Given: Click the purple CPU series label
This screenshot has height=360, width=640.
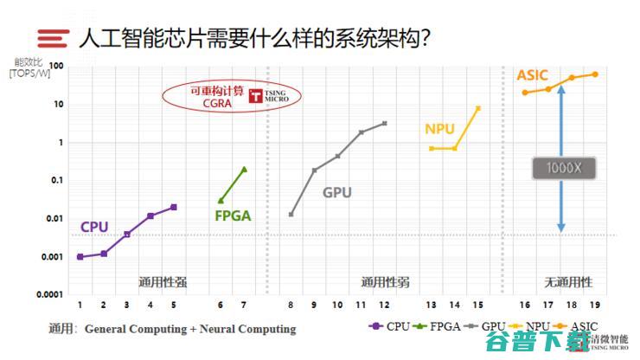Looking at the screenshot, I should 94,227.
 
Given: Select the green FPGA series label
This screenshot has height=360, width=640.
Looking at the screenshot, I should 233,215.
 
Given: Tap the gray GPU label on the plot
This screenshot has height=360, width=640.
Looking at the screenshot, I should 337,192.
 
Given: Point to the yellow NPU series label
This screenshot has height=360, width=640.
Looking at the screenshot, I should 439,129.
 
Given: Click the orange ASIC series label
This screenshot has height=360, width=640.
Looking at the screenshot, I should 532,75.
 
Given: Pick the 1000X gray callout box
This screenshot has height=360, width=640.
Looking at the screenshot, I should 561,169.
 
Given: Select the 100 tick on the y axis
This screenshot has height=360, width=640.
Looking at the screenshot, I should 57,66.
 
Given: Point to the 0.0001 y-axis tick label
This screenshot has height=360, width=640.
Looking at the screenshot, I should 48,294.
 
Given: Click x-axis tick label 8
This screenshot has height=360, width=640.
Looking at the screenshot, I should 291,305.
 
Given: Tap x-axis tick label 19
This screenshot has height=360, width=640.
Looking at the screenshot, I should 595,305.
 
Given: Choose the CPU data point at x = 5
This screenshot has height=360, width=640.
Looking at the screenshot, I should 174,207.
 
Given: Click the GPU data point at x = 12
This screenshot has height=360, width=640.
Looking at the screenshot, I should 384,123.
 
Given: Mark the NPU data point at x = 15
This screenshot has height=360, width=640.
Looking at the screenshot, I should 478,108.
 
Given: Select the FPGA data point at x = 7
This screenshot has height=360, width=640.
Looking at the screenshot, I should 244,170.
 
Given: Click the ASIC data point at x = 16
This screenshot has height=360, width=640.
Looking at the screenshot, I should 525,93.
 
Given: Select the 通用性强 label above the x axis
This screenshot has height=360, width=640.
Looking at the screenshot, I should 163,282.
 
